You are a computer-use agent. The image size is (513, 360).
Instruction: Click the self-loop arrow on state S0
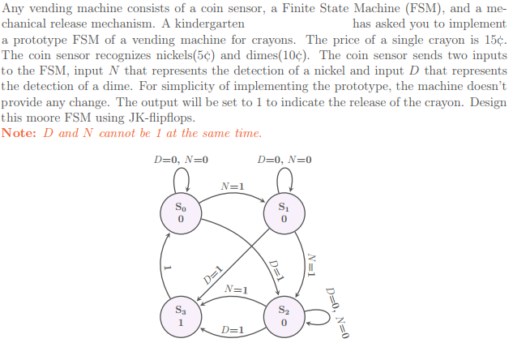pos(182,168)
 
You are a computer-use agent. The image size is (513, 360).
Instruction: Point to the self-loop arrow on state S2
pos(330,317)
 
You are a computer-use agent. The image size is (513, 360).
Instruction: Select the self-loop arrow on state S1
pos(284,168)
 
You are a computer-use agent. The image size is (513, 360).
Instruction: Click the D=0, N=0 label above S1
pos(284,160)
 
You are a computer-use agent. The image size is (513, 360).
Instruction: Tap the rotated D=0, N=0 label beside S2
pos(337,313)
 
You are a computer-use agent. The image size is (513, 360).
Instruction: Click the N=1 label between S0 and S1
pos(233,186)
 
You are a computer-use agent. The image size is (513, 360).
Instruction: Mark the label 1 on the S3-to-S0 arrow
pos(167,268)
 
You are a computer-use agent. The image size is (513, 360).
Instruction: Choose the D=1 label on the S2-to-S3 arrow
pos(233,330)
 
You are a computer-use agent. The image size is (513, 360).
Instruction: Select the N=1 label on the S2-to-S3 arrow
pos(236,289)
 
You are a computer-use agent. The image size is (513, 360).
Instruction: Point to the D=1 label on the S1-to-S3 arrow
pos(213,276)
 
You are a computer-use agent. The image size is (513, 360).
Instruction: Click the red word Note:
pos(19,133)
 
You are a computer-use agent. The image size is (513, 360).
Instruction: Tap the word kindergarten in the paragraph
pos(210,24)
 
